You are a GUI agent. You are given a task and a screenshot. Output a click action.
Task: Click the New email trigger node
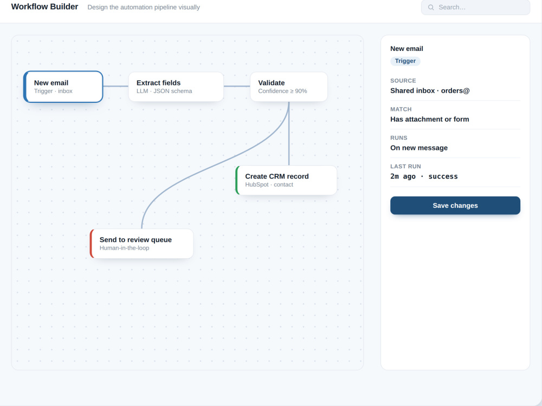coord(63,87)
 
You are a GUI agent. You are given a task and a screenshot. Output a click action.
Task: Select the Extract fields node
coord(176,87)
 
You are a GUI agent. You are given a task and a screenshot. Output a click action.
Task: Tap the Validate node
coord(289,87)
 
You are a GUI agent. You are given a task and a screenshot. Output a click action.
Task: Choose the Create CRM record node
coord(286,180)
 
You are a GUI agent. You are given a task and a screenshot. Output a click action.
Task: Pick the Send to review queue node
coord(141,244)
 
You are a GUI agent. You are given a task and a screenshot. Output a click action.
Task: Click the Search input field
coord(475,7)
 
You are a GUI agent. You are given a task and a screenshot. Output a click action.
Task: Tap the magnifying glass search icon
coord(431,7)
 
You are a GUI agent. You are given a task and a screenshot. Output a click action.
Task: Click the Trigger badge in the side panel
coord(405,61)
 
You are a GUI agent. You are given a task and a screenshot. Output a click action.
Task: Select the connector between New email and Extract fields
coord(116,86)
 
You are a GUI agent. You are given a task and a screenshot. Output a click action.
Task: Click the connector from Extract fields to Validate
coord(237,86)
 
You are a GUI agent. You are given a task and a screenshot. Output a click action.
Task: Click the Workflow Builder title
coord(44,6)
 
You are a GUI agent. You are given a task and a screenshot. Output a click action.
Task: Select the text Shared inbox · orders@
coord(430,91)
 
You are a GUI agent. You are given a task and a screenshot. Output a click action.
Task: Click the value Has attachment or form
coord(430,120)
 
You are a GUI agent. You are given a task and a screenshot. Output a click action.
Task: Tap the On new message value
coord(419,148)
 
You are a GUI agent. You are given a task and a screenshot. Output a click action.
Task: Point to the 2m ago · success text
coord(424,176)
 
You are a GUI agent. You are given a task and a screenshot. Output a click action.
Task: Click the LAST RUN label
coord(405,166)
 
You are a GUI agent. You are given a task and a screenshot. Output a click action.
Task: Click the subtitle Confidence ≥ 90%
coord(282,91)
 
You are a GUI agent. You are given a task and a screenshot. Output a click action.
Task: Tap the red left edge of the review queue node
coord(92,244)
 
